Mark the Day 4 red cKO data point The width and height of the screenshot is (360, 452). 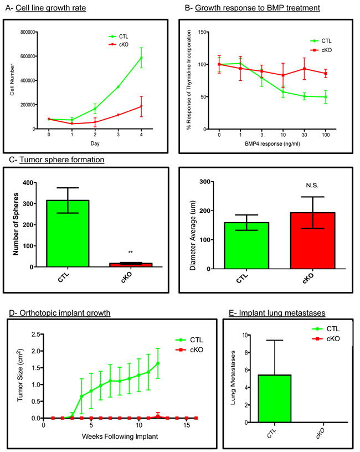coord(141,106)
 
